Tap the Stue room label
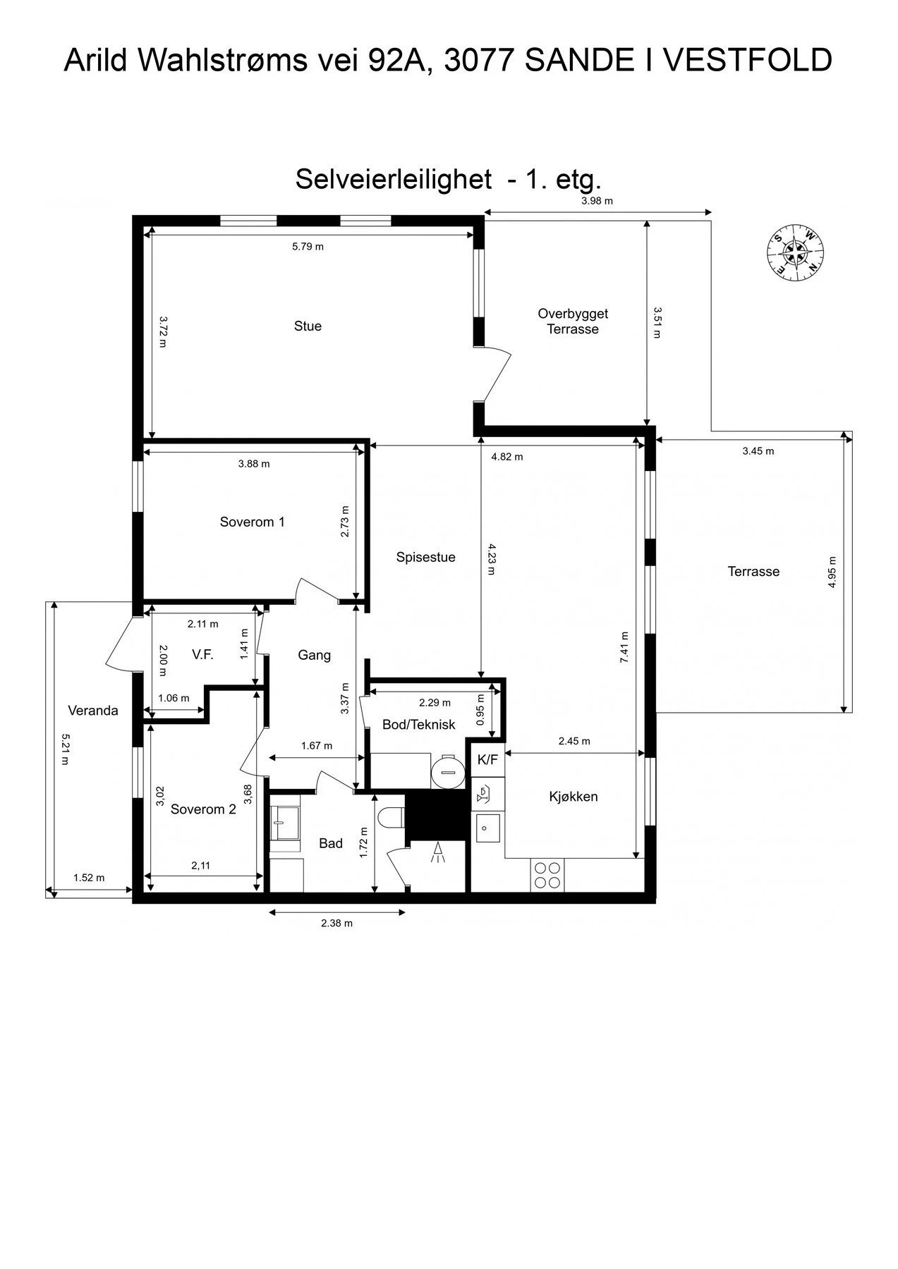pos(308,326)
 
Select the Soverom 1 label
pos(252,522)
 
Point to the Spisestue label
pos(425,558)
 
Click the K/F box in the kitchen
pos(487,759)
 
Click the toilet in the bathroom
pos(391,818)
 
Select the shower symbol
pos(438,852)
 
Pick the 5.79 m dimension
pos(308,247)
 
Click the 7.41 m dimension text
pos(623,647)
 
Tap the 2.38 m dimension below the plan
pos(336,923)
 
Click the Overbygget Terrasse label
pos(573,321)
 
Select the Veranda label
pos(93,711)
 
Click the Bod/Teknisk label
pos(418,725)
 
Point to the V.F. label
pos(202,655)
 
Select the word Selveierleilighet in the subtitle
pos(393,179)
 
